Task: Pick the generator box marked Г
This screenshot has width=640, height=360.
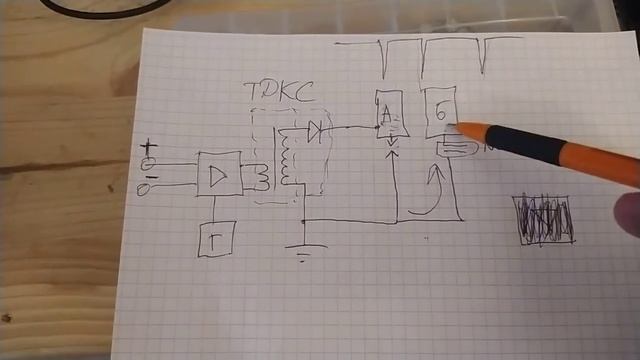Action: pyautogui.click(x=215, y=237)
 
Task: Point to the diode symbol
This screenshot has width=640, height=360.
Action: pyautogui.click(x=316, y=130)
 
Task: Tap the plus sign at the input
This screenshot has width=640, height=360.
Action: pyautogui.click(x=150, y=148)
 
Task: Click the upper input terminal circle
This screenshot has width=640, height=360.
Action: pyautogui.click(x=150, y=163)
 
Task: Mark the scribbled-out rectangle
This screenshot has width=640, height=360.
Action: pyautogui.click(x=543, y=218)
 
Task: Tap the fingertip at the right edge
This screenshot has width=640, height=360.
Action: pyautogui.click(x=628, y=215)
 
